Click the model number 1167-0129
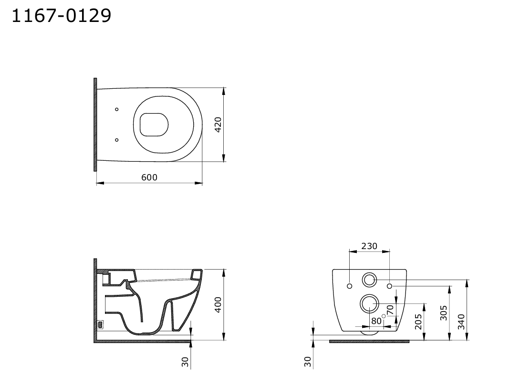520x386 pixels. tap(62, 16)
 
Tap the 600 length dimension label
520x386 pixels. tap(149, 177)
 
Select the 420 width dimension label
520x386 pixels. tap(218, 125)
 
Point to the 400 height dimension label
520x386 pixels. tap(218, 304)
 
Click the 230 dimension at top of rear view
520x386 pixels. tap(369, 246)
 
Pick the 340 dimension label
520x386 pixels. tap(461, 322)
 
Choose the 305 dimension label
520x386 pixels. tap(443, 313)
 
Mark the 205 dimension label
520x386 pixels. tap(418, 322)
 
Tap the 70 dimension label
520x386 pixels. tap(390, 310)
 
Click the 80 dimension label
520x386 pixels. tap(376, 321)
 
